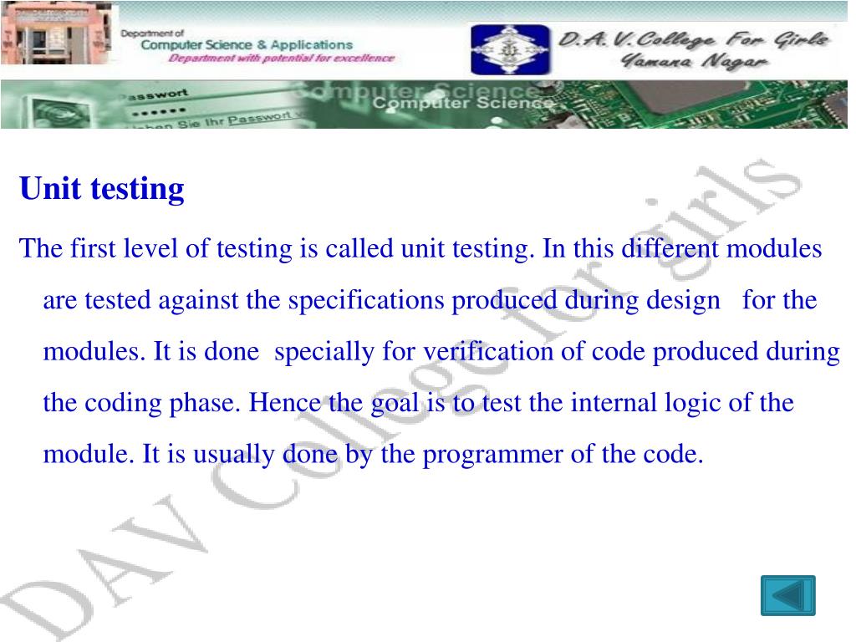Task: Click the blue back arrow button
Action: tap(787, 595)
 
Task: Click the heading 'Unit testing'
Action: tap(102, 189)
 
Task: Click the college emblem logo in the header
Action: tap(511, 49)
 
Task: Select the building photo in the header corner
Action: tap(58, 37)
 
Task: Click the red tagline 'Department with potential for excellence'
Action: tap(281, 59)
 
